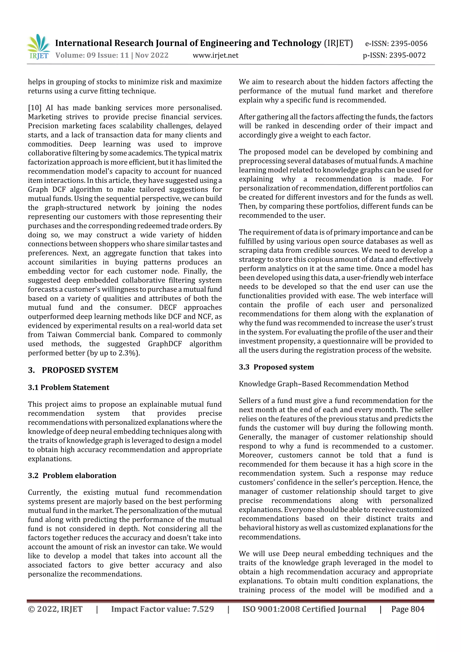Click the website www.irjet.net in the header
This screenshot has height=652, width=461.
tap(216, 55)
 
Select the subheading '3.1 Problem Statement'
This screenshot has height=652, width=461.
tap(68, 388)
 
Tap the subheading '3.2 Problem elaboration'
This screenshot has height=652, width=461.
tap(72, 476)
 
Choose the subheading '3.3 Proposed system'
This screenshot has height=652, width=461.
tap(276, 367)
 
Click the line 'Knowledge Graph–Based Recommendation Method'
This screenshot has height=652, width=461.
tap(323, 384)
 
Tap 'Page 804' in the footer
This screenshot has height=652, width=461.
tap(408, 609)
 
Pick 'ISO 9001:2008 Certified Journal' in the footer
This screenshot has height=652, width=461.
tap(304, 609)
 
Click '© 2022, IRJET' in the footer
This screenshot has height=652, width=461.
tap(55, 609)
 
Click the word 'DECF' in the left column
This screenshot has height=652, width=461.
tap(167, 307)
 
